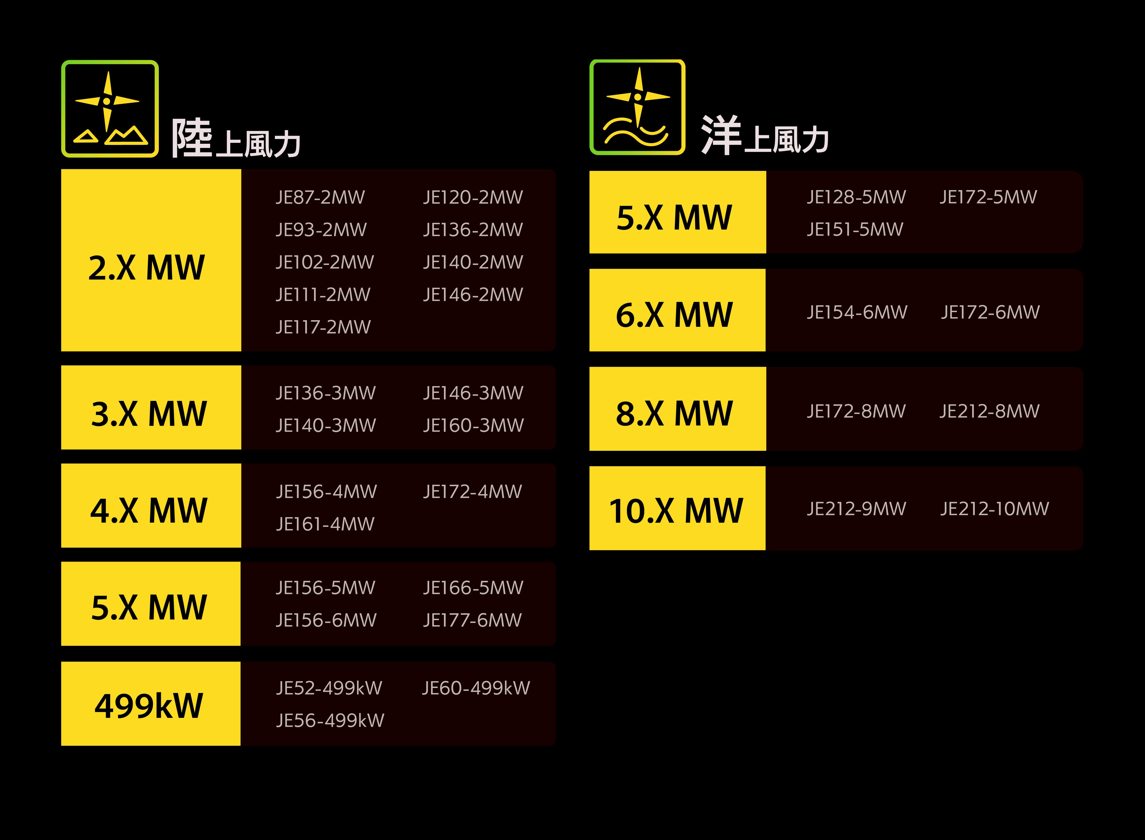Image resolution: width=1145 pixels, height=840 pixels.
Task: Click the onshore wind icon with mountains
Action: (110, 109)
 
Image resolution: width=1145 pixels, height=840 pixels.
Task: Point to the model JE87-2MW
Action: (320, 197)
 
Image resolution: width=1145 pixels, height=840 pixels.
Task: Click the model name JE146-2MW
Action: (473, 294)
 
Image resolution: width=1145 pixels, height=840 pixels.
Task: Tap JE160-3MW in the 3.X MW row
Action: (473, 425)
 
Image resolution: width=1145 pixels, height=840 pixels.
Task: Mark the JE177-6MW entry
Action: (472, 620)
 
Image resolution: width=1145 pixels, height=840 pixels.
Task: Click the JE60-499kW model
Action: (476, 688)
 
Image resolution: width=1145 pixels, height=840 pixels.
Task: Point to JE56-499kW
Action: (330, 720)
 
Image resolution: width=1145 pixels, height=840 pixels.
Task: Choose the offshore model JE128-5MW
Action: (856, 197)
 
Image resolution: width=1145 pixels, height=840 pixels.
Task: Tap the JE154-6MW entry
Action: (857, 312)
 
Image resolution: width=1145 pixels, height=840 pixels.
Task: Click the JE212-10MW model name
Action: (994, 508)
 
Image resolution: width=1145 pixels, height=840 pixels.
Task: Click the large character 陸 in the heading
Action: (192, 137)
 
